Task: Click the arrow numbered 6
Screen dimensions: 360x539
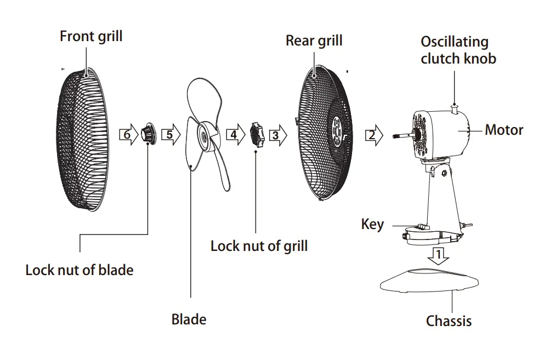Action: (x=128, y=135)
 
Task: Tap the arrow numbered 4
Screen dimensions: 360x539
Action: (x=235, y=135)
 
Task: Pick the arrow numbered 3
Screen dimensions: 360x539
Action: (x=277, y=135)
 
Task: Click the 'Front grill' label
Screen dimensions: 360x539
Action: (x=91, y=37)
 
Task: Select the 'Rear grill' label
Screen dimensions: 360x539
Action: (x=314, y=41)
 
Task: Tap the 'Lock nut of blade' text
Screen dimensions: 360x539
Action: (x=80, y=270)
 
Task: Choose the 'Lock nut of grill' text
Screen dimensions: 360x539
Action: (x=259, y=245)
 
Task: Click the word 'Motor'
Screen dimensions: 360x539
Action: (x=504, y=130)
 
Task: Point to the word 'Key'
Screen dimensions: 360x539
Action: (x=372, y=225)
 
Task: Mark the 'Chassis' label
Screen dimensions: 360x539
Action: (x=449, y=321)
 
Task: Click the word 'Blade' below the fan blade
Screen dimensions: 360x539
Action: (x=189, y=319)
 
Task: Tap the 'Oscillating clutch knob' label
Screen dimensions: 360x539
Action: (x=458, y=50)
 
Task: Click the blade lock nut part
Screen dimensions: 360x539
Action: (x=147, y=133)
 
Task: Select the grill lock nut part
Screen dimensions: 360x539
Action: (x=257, y=134)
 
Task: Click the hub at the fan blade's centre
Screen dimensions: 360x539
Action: (x=204, y=134)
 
